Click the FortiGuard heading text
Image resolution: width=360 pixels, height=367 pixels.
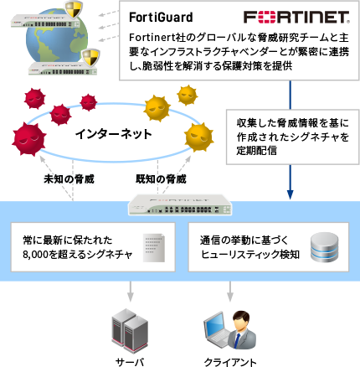pos(162,16)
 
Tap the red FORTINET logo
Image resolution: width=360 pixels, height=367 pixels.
pos(296,17)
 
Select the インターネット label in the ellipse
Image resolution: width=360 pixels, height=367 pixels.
pos(113,134)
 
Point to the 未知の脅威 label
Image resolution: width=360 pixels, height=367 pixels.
pos(69,178)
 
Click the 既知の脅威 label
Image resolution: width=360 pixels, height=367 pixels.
pos(160,178)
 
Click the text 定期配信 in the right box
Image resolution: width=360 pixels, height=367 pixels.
pos(255,152)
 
